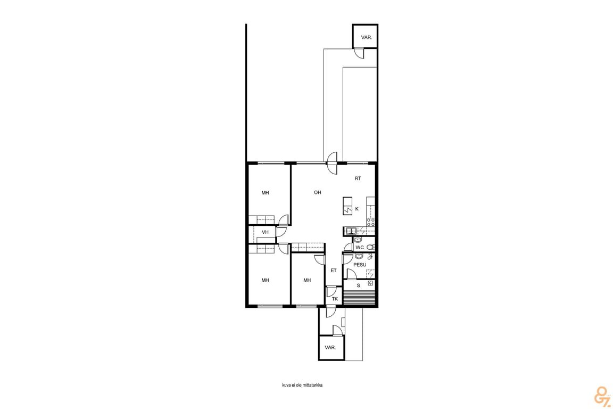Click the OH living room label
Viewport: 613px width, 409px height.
tap(318, 193)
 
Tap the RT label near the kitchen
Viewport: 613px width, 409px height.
tap(358, 178)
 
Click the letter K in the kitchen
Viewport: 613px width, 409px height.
tap(357, 209)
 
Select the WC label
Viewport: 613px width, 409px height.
tap(360, 247)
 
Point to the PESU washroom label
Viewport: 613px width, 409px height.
tap(360, 265)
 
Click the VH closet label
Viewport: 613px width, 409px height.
tap(265, 233)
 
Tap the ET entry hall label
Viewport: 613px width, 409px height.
tap(334, 271)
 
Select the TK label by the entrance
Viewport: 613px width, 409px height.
tap(335, 299)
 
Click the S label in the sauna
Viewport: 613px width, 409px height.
tap(358, 285)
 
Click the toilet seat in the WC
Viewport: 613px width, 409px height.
tap(372, 247)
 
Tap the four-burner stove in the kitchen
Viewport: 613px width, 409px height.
tap(370, 223)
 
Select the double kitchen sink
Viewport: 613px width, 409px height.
tap(351, 231)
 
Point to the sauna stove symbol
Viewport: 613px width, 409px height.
tap(370, 283)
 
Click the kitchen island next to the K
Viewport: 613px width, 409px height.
tap(347, 206)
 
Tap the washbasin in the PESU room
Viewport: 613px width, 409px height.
tap(359, 256)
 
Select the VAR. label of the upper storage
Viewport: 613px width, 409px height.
tap(366, 38)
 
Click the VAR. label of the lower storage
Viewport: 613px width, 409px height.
tap(330, 348)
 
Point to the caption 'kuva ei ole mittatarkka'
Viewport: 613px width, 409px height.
tap(302, 385)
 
